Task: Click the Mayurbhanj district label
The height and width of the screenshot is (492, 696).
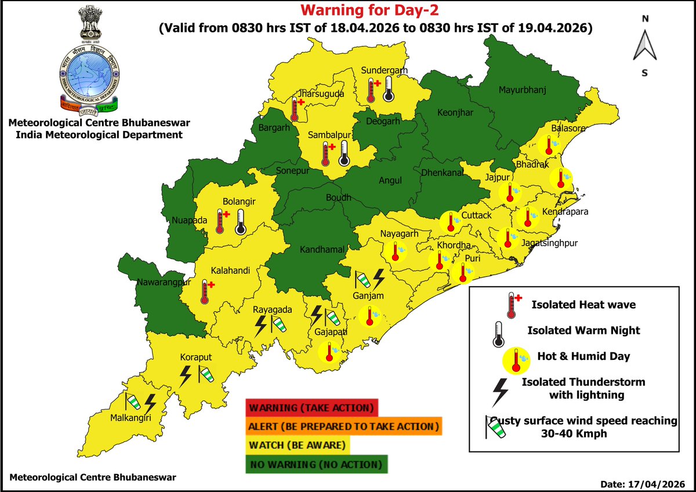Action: coord(523,90)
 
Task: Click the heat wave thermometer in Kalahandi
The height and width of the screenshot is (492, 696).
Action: coord(205,291)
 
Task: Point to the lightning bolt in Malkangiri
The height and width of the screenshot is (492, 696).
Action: coord(150,403)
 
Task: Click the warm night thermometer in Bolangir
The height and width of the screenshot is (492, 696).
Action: coord(240,222)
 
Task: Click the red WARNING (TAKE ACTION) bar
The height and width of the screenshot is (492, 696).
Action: coord(311,407)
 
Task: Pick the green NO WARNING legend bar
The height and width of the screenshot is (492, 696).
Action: coord(317,465)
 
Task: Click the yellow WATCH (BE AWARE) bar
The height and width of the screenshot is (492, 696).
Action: coord(298,446)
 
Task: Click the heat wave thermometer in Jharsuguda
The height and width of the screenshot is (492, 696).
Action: coord(297,108)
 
